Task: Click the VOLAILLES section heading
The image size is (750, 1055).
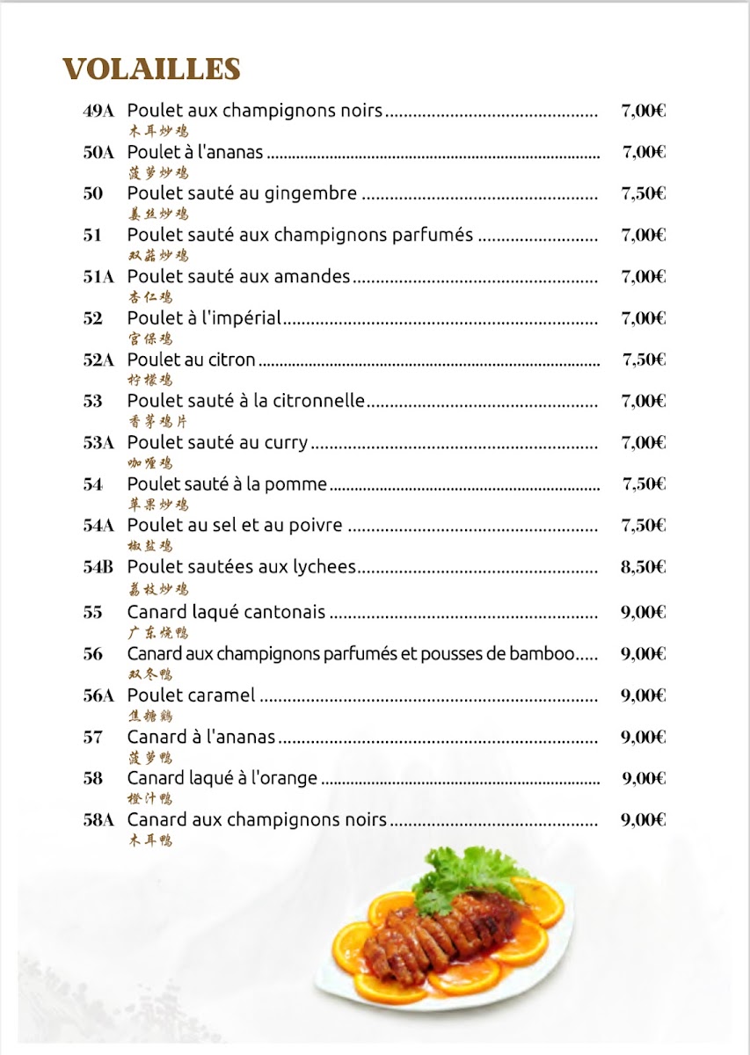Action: [x=151, y=69]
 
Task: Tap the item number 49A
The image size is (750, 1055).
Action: [x=98, y=111]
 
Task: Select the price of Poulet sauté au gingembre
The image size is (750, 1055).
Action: [x=643, y=194]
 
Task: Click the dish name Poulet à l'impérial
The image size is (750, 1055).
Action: [x=204, y=318]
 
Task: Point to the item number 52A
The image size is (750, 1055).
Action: [x=98, y=360]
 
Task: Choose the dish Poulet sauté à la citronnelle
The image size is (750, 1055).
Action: [x=245, y=401]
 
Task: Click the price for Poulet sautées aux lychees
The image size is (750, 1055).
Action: [x=643, y=567]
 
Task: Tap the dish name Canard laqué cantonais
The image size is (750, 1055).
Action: [x=226, y=612]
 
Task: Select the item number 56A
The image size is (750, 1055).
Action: [x=98, y=695]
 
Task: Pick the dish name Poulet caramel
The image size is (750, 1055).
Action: [x=191, y=695]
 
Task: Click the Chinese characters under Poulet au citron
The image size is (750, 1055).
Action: [x=149, y=380]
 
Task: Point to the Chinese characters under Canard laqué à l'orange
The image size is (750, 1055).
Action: [x=149, y=798]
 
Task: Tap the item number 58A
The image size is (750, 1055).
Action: [x=98, y=820]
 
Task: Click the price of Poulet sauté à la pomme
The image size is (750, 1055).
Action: [x=644, y=484]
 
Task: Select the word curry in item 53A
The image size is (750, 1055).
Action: [x=286, y=443]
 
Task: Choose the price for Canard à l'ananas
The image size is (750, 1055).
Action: [x=643, y=737]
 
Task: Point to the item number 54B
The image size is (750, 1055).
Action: [x=98, y=567]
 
